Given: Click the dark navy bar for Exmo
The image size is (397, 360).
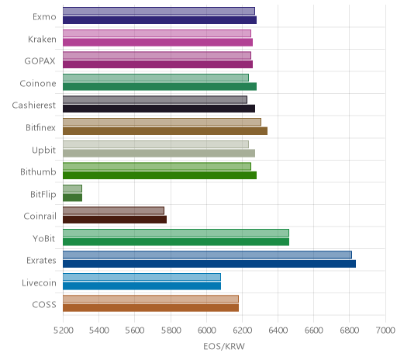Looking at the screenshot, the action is pos(160,20).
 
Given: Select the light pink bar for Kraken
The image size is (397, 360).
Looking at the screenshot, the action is pos(157,33).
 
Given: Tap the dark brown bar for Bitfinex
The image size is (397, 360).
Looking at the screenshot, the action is pos(165,131).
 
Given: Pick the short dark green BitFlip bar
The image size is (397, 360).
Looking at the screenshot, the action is pos(72,197).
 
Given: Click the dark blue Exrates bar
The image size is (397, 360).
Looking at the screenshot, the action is pos(209,264).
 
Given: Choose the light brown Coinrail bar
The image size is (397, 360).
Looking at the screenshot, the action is pos(113,210).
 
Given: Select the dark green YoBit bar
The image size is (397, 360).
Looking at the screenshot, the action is pos(176,241).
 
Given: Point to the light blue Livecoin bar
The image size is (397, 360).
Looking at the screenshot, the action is pos(142,277).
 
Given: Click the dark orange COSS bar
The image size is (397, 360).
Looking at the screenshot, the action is pos(150,308).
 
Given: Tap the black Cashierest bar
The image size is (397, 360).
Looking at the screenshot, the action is pos(159,109).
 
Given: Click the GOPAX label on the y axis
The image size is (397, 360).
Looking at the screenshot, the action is pos(40,61).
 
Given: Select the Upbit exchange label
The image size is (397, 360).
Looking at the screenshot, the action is pos(43,151).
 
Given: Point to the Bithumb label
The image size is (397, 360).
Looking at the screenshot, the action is pos(38,171).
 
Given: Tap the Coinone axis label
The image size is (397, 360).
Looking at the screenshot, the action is pos(38,83).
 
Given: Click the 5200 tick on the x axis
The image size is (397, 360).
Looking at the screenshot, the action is pos(63,331).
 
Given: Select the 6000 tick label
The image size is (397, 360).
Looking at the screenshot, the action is pos(206,331).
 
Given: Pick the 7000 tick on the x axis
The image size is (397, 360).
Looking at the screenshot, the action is pos(385,331).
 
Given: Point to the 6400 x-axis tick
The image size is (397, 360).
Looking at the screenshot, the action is pos(278,331).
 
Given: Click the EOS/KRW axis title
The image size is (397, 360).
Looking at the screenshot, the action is pos(224,346).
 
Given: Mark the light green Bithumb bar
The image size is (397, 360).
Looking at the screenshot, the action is pos(157,166).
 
